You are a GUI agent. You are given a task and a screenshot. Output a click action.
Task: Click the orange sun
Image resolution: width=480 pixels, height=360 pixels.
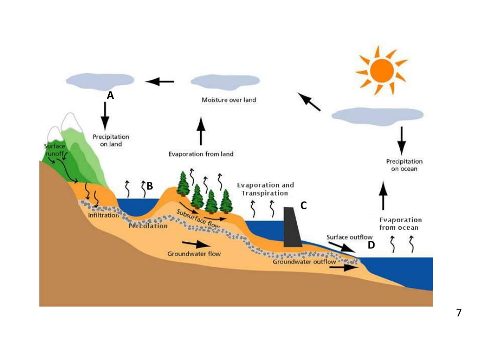coord(382,70)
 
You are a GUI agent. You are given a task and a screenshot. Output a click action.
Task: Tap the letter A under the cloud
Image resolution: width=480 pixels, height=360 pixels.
coord(110,96)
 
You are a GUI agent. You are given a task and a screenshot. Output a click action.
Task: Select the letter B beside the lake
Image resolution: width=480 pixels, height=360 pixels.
coord(150,186)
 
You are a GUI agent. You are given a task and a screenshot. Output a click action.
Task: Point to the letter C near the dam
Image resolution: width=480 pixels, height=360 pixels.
coord(303,205)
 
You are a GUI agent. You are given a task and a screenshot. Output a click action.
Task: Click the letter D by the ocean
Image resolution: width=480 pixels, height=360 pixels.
coord(371,245)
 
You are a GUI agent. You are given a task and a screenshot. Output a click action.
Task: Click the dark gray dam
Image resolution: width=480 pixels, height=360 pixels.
coord(292,227)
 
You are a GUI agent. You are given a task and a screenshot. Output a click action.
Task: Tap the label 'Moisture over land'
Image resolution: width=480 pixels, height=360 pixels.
coord(229,100)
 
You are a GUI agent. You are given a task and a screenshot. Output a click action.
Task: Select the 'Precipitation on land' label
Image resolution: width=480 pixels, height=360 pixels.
coord(111,141)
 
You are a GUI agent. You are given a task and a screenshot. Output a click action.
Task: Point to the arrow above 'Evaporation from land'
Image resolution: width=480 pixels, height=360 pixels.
coord(201,131)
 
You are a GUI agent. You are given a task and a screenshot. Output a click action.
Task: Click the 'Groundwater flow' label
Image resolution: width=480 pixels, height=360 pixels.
coord(194,254)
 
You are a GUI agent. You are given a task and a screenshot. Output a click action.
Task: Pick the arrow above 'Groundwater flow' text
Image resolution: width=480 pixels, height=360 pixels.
coord(196,244)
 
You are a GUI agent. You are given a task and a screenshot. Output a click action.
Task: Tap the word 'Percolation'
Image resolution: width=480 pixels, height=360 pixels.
coord(148,226)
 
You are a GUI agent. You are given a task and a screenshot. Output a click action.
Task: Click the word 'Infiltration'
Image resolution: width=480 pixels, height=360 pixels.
coord(103,215)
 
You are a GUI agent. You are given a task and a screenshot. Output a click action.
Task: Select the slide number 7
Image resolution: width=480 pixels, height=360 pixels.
coord(459,313)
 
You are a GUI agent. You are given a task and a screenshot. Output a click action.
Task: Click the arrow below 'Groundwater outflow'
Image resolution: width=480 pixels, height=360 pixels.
coord(344,268)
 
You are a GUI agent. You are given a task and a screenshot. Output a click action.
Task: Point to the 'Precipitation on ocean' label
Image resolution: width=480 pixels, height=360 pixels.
coord(404,165)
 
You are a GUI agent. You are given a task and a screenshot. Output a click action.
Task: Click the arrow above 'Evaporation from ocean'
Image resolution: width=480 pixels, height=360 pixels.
coord(383,195)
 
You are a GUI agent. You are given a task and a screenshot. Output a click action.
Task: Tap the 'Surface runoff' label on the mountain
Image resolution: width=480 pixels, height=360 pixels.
coord(55,150)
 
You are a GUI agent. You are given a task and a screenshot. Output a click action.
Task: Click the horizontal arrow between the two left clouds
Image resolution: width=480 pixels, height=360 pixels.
coord(160,82)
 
